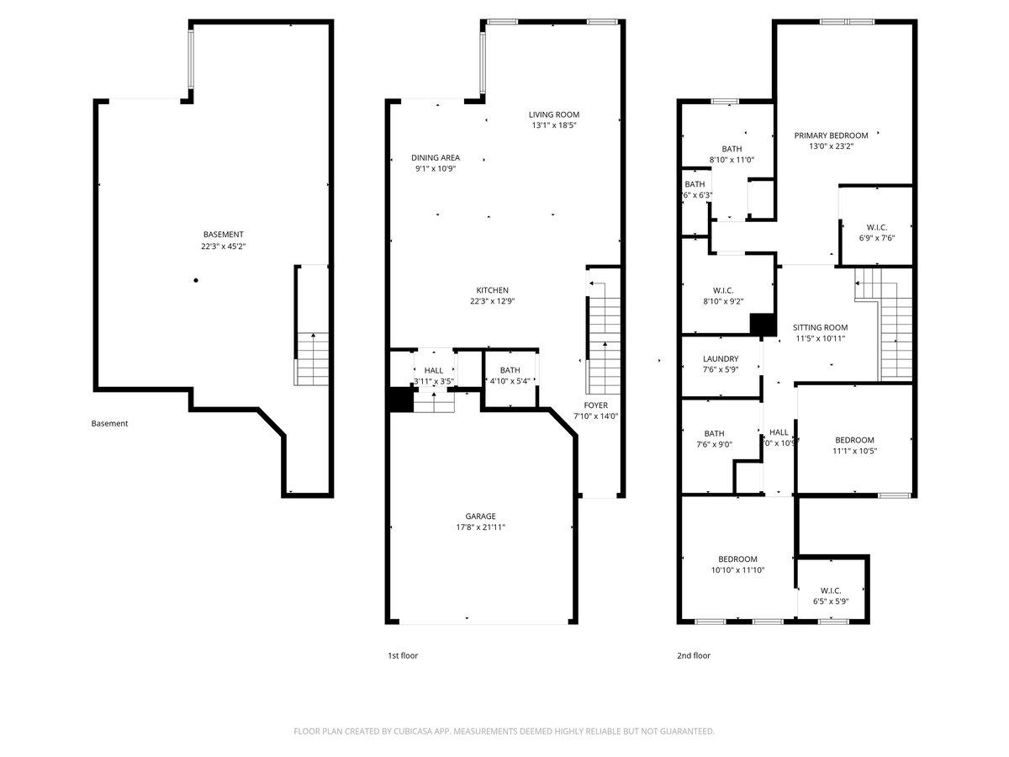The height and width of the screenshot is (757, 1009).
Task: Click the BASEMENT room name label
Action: [223, 235]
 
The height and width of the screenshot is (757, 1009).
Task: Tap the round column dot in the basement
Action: [196, 280]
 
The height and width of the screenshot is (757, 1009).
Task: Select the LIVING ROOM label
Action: [553, 114]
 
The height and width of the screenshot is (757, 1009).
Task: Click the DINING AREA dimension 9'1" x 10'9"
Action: [435, 168]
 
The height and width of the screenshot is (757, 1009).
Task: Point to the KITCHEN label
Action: [492, 290]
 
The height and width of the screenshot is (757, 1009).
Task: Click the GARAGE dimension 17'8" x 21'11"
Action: [481, 527]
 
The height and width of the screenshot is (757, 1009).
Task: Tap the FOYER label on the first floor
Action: [595, 405]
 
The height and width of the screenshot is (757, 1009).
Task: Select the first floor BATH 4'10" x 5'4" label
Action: [510, 370]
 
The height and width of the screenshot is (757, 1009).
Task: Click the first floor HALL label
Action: [434, 370]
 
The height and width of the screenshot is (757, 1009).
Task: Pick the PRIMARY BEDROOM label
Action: [831, 135]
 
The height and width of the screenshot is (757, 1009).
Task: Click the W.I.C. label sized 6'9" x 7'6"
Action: [876, 227]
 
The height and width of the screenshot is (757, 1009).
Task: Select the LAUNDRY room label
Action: [721, 359]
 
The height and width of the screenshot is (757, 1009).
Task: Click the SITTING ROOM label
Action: [820, 327]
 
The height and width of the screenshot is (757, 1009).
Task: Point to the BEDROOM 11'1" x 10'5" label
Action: [854, 440]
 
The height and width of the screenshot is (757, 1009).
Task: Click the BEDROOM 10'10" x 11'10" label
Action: [737, 559]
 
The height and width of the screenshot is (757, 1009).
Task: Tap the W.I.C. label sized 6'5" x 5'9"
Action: [831, 590]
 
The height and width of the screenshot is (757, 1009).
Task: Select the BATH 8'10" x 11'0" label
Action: [731, 149]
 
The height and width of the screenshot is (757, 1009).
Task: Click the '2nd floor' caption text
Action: [694, 655]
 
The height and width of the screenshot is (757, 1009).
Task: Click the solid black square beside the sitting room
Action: [763, 325]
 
